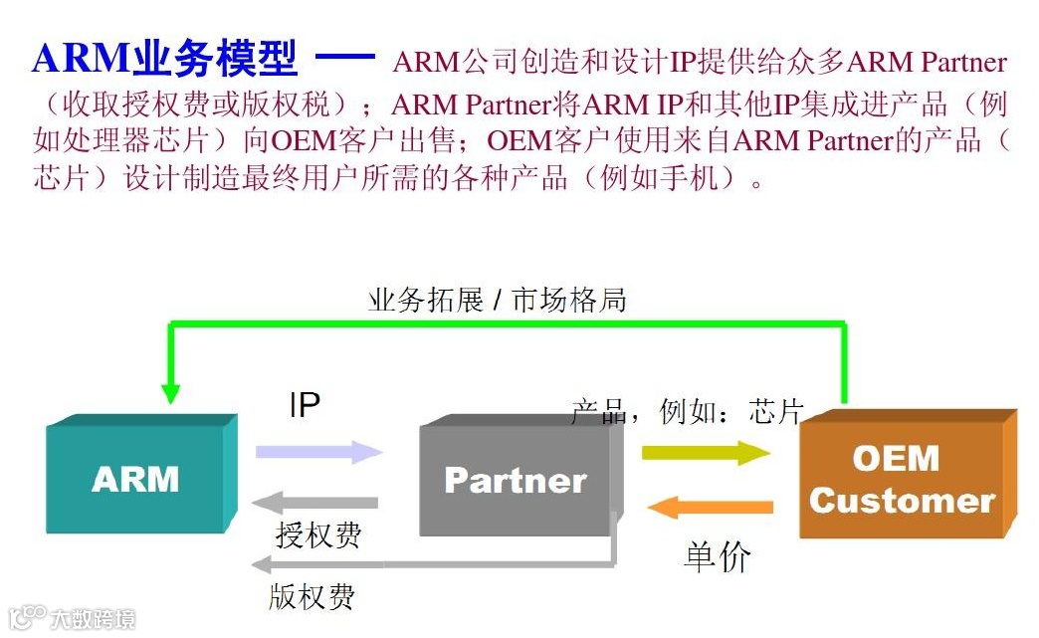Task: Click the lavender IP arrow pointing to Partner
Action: (318, 452)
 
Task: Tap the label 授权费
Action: (317, 535)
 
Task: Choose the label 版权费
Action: (312, 596)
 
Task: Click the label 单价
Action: (718, 557)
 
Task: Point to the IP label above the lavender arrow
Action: (305, 405)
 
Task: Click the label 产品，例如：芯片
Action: (687, 411)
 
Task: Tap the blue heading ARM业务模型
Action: (165, 60)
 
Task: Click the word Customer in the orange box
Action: (902, 500)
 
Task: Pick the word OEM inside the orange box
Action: (896, 459)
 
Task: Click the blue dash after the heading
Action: (344, 57)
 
